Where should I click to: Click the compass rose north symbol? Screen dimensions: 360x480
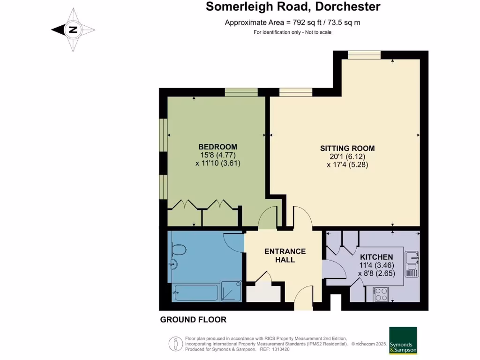[x=73, y=30]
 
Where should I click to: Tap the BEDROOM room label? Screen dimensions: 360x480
[x=217, y=147]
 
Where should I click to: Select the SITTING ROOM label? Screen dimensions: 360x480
[x=347, y=148]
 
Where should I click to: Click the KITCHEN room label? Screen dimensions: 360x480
[x=376, y=257]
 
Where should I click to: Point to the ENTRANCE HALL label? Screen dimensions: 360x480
[x=285, y=255]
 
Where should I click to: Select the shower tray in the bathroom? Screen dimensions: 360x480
[x=232, y=292]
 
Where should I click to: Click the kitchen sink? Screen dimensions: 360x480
[x=412, y=258]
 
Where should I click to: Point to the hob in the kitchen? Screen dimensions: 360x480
[x=380, y=294]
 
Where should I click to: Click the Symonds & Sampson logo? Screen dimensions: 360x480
[x=403, y=341]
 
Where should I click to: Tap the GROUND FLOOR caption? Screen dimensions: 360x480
[x=193, y=320]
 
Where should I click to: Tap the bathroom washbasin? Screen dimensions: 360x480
[x=175, y=263]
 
